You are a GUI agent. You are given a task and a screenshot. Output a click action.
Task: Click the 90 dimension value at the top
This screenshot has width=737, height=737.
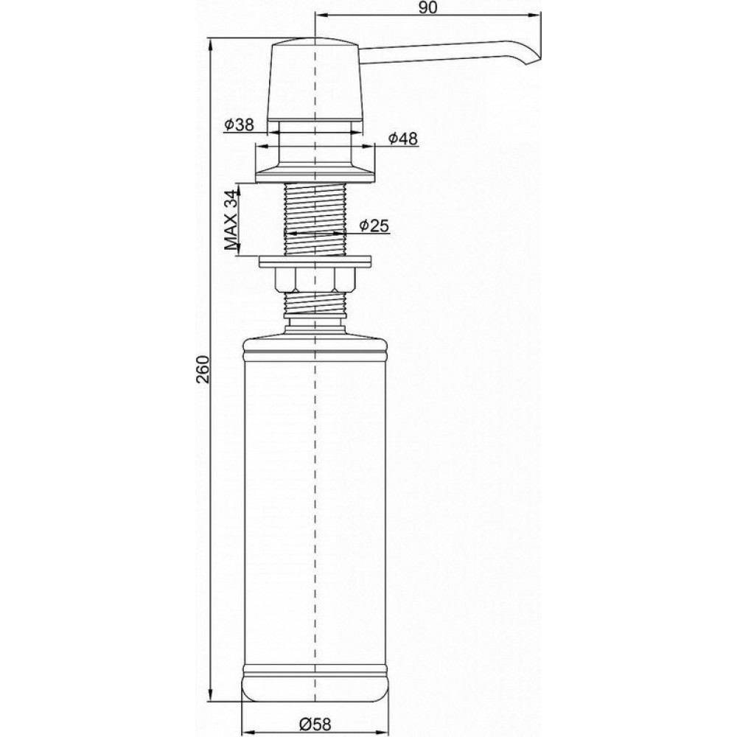[x=427, y=8]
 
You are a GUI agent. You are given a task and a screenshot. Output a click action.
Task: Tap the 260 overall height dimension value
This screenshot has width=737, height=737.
[x=203, y=369]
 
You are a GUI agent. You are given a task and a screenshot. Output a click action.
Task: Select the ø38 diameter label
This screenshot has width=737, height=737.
[x=240, y=125]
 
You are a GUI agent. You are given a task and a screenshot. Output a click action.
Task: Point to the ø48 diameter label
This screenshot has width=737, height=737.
[x=403, y=139]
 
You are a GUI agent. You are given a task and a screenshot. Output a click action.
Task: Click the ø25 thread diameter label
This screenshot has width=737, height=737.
[x=374, y=226]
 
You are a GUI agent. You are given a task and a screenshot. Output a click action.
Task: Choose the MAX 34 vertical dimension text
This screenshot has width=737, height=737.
[x=231, y=220]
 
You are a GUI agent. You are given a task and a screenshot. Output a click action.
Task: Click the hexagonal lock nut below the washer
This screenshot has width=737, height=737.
[x=315, y=279]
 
